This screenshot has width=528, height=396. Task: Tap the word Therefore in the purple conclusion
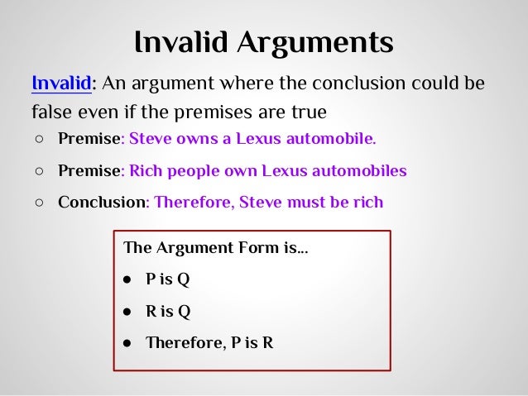(190, 202)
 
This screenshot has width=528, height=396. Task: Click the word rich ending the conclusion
(367, 202)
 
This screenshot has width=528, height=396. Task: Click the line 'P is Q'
(168, 279)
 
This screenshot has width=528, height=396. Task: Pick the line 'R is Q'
(168, 311)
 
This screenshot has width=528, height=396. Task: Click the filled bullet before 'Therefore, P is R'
(128, 342)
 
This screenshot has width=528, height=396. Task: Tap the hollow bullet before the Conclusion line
(39, 203)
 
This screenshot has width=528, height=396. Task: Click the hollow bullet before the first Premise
(39, 138)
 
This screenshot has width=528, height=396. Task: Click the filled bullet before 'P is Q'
(128, 279)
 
